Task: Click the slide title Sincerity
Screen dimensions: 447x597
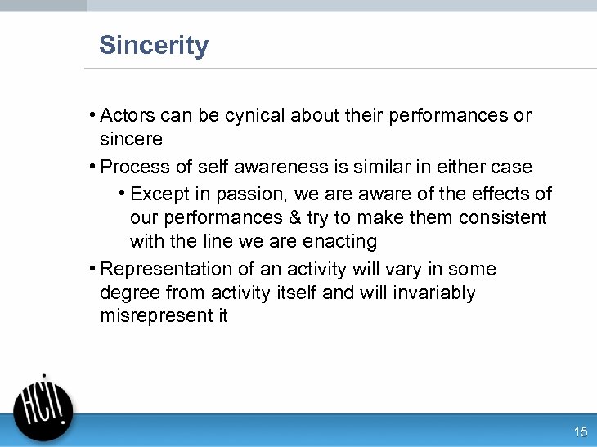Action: [x=154, y=46]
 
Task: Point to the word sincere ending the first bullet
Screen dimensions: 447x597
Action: [x=131, y=139]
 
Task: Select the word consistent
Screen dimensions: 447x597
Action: [x=502, y=218]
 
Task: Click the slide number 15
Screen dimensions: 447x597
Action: [x=581, y=431]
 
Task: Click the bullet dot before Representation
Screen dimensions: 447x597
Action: [x=93, y=269]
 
